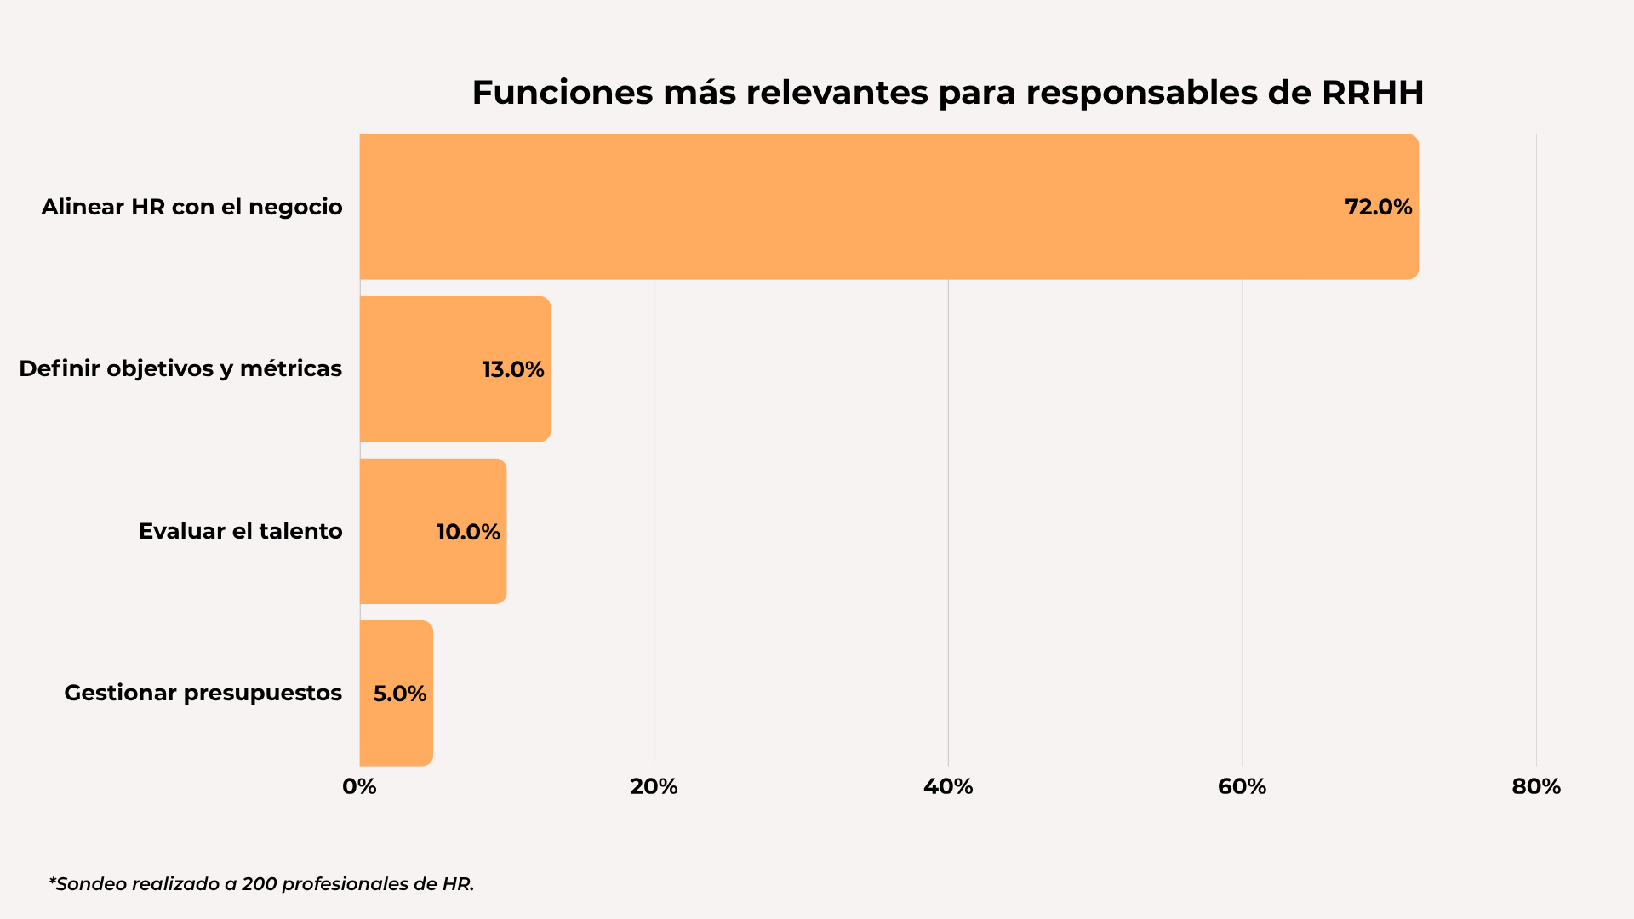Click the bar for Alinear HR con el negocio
[x=851, y=207]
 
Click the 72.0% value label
[x=1378, y=207]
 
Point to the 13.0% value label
[x=512, y=369]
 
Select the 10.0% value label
[x=468, y=532]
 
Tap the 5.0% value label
[x=400, y=694]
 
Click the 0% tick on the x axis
[x=359, y=786]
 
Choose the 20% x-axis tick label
[x=654, y=786]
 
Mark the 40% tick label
[x=948, y=786]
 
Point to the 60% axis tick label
[x=1242, y=786]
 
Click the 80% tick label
[x=1536, y=786]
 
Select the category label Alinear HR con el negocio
[x=191, y=207]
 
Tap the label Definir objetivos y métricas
[x=180, y=368]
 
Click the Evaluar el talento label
[x=240, y=531]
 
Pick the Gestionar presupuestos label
[x=203, y=693]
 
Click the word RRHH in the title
[x=1372, y=93]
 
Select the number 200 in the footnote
[x=259, y=884]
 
